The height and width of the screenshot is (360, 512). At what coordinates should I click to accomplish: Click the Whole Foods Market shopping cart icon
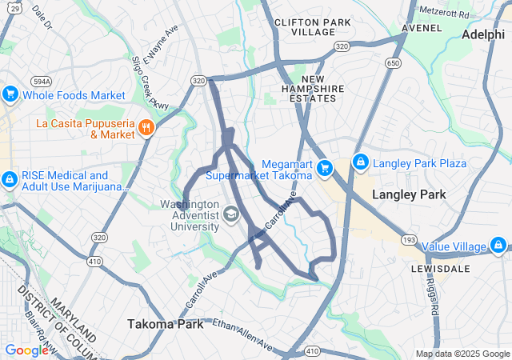10,94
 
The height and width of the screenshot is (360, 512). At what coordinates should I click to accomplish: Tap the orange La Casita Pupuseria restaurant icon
146,127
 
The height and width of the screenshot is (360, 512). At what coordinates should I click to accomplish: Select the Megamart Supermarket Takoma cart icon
324,168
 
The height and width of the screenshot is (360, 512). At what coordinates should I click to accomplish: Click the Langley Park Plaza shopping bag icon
360,162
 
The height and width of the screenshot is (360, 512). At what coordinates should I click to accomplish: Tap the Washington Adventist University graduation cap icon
230,214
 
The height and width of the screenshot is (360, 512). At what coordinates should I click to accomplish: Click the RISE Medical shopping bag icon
10,181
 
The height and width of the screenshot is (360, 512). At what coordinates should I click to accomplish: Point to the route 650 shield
392,62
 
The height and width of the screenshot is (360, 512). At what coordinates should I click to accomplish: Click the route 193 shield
409,240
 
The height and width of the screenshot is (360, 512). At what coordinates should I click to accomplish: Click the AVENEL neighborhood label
422,27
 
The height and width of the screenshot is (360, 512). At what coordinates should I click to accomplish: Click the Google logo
26,350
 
